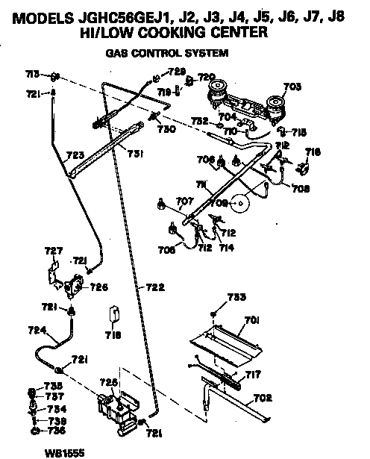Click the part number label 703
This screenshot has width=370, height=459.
(x=292, y=87)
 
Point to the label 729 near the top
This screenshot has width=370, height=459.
(x=176, y=72)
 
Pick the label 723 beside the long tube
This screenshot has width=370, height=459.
(x=75, y=156)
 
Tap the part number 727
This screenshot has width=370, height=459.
(x=54, y=251)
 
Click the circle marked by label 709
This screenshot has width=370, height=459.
(x=240, y=202)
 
